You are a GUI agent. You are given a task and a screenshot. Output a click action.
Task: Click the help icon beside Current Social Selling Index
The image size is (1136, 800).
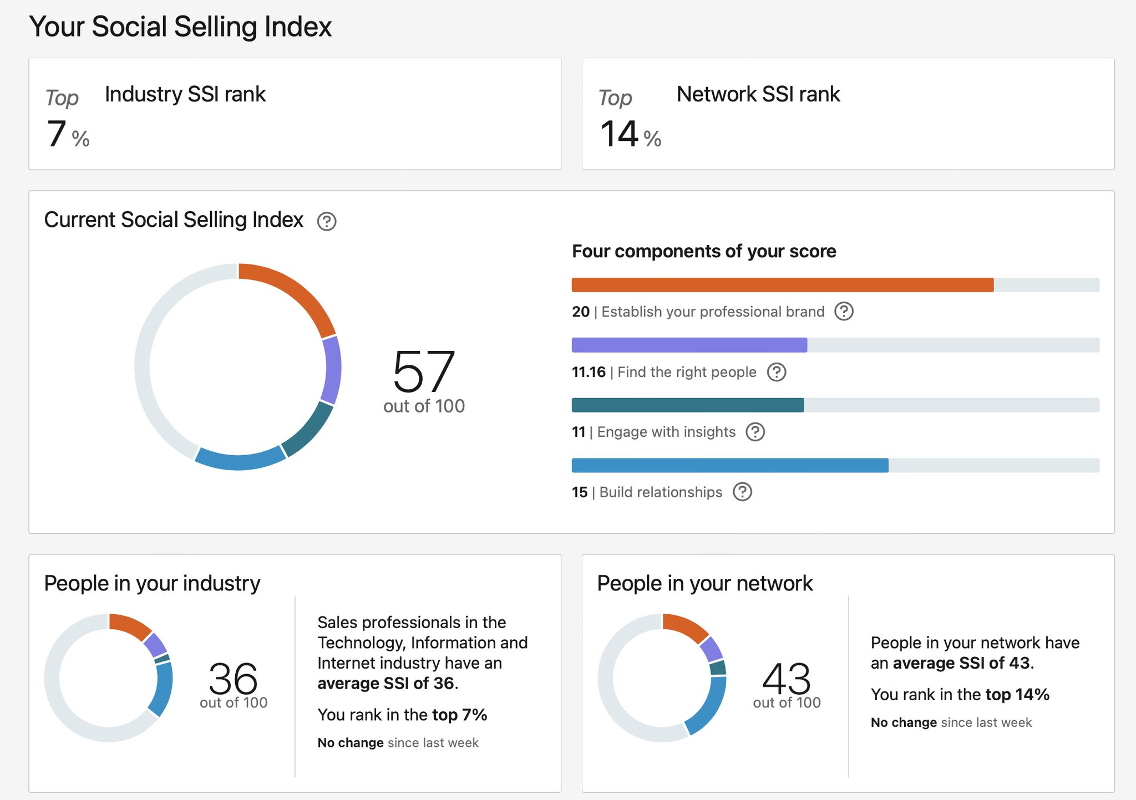[x=327, y=221]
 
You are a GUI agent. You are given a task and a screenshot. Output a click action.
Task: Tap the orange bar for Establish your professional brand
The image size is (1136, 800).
[x=782, y=285]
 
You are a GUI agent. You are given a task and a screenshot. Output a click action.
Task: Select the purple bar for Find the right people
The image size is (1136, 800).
[x=689, y=345]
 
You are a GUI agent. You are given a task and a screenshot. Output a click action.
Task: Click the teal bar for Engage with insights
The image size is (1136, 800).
[x=687, y=405]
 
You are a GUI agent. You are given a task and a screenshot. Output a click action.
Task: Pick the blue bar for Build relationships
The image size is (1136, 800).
[x=729, y=465]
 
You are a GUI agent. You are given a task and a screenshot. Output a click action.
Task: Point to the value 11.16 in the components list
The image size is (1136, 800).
[x=589, y=372]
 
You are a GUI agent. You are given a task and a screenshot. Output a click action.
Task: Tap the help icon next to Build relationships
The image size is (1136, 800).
[x=742, y=492]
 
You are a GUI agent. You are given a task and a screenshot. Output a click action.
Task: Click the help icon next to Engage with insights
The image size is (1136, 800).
[x=755, y=432]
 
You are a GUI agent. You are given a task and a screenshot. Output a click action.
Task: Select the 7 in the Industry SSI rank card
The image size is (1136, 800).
[x=57, y=134]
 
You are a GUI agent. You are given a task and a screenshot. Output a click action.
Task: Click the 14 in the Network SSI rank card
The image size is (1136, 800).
[x=619, y=134]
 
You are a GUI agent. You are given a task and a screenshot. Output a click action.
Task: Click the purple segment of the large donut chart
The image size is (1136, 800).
[x=332, y=369]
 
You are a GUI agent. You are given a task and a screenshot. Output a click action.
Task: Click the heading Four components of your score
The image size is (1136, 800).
[x=703, y=251]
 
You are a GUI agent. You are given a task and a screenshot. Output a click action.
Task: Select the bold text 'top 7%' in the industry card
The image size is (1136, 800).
[x=459, y=715]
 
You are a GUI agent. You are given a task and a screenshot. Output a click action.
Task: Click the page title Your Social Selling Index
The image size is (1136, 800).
[x=180, y=26]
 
